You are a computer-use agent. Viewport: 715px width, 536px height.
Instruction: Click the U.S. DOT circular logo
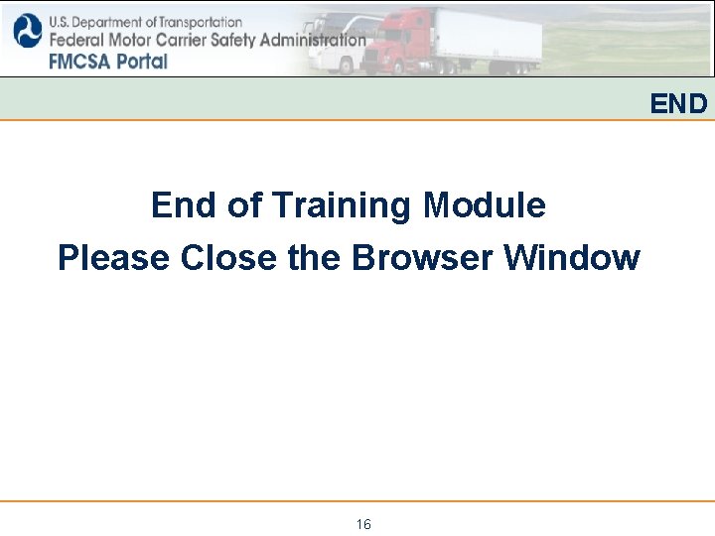[x=26, y=31]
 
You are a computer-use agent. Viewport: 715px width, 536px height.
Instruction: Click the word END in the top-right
[x=679, y=103]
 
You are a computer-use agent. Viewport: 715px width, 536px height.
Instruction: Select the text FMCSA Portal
[x=107, y=61]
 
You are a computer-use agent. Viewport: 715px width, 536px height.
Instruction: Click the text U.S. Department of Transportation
[x=145, y=22]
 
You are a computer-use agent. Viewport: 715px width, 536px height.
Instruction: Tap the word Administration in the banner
[x=317, y=41]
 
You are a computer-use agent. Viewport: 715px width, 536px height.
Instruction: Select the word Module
[x=485, y=205]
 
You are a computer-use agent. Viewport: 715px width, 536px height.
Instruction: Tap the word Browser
[x=423, y=258]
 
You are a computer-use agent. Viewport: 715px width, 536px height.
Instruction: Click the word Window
[x=572, y=258]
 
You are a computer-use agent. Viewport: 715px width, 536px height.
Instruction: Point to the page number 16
[x=363, y=524]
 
